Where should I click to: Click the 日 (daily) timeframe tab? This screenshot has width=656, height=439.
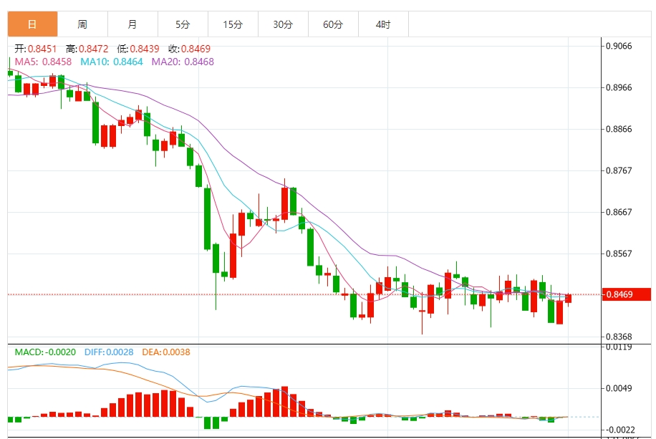point(32,24)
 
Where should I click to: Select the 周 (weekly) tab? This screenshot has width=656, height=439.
point(82,24)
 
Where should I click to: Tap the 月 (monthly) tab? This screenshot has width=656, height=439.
point(132,24)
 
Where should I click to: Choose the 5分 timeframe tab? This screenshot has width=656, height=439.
point(183,24)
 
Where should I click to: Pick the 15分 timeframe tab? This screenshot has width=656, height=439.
point(233,24)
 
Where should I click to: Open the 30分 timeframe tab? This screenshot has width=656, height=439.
point(283,24)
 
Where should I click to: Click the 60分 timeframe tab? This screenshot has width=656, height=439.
point(333,24)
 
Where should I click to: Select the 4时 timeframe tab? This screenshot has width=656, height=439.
point(383,24)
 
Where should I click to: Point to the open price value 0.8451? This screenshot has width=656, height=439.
point(42,49)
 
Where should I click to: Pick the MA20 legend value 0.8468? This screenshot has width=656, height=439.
point(199,62)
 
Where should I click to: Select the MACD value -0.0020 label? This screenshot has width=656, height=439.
point(60,352)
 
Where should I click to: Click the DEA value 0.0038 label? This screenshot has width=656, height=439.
point(175,352)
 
